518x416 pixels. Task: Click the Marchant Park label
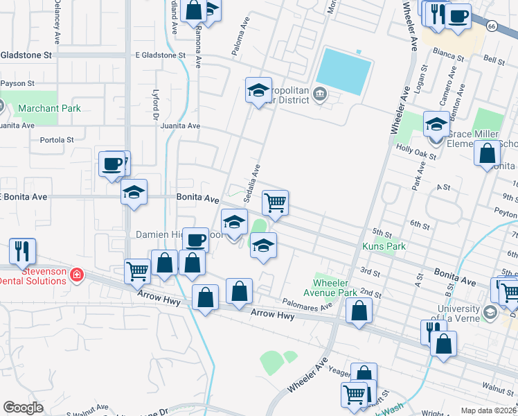49,108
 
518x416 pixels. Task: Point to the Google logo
23,408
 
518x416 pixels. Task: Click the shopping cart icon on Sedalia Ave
276,203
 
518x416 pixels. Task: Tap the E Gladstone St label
161,55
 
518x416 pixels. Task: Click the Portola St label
57,139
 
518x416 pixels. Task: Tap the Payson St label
17,83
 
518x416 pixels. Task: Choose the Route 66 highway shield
491,26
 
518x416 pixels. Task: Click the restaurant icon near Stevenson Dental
22,251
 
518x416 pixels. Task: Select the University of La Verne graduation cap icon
490,313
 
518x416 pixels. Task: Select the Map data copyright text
489,410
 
